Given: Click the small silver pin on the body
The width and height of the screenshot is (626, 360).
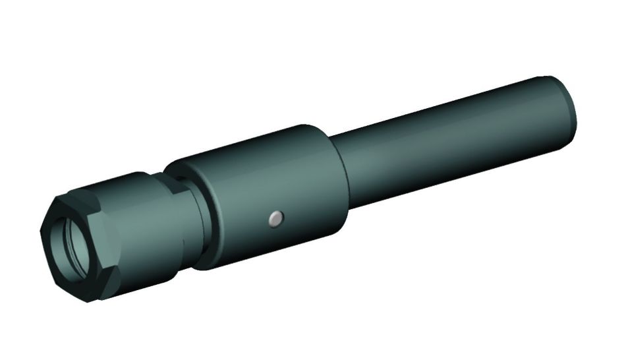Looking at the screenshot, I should tap(277, 218).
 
